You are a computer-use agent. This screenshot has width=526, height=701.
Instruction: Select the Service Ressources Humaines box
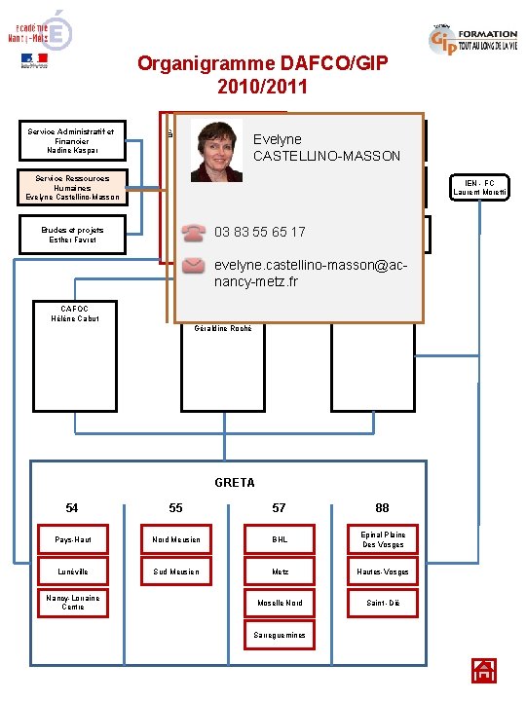click(x=76, y=188)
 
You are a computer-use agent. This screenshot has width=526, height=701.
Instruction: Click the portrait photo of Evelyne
click(x=216, y=151)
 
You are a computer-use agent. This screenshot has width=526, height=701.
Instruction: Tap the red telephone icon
click(x=195, y=232)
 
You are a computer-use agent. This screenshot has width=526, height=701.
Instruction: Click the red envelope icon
click(x=195, y=265)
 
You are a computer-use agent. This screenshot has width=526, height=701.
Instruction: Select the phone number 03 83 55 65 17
click(x=259, y=232)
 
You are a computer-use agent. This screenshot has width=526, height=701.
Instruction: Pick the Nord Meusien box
click(x=177, y=539)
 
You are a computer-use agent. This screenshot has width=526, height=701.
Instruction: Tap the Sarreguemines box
click(x=280, y=635)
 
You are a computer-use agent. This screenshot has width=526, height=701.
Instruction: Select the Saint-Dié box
click(x=382, y=604)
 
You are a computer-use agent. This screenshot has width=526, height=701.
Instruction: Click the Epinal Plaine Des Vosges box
click(x=382, y=539)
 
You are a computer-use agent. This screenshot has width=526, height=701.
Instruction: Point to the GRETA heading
click(x=234, y=482)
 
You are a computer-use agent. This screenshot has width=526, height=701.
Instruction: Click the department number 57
click(x=280, y=507)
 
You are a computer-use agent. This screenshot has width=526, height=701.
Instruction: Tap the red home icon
click(x=484, y=670)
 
